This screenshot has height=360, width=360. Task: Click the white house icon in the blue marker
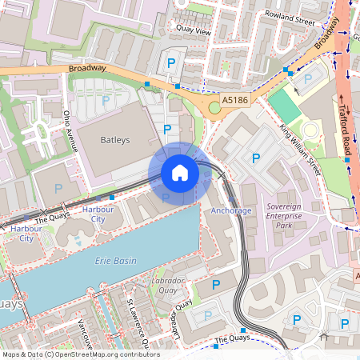click(180, 173)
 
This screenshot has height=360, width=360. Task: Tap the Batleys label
click(114, 140)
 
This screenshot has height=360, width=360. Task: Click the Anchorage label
click(231, 210)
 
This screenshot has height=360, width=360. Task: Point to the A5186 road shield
click(234, 100)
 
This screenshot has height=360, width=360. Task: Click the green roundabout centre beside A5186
click(214, 108)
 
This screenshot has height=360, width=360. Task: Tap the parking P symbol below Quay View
click(170, 63)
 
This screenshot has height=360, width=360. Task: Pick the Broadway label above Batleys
click(87, 68)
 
